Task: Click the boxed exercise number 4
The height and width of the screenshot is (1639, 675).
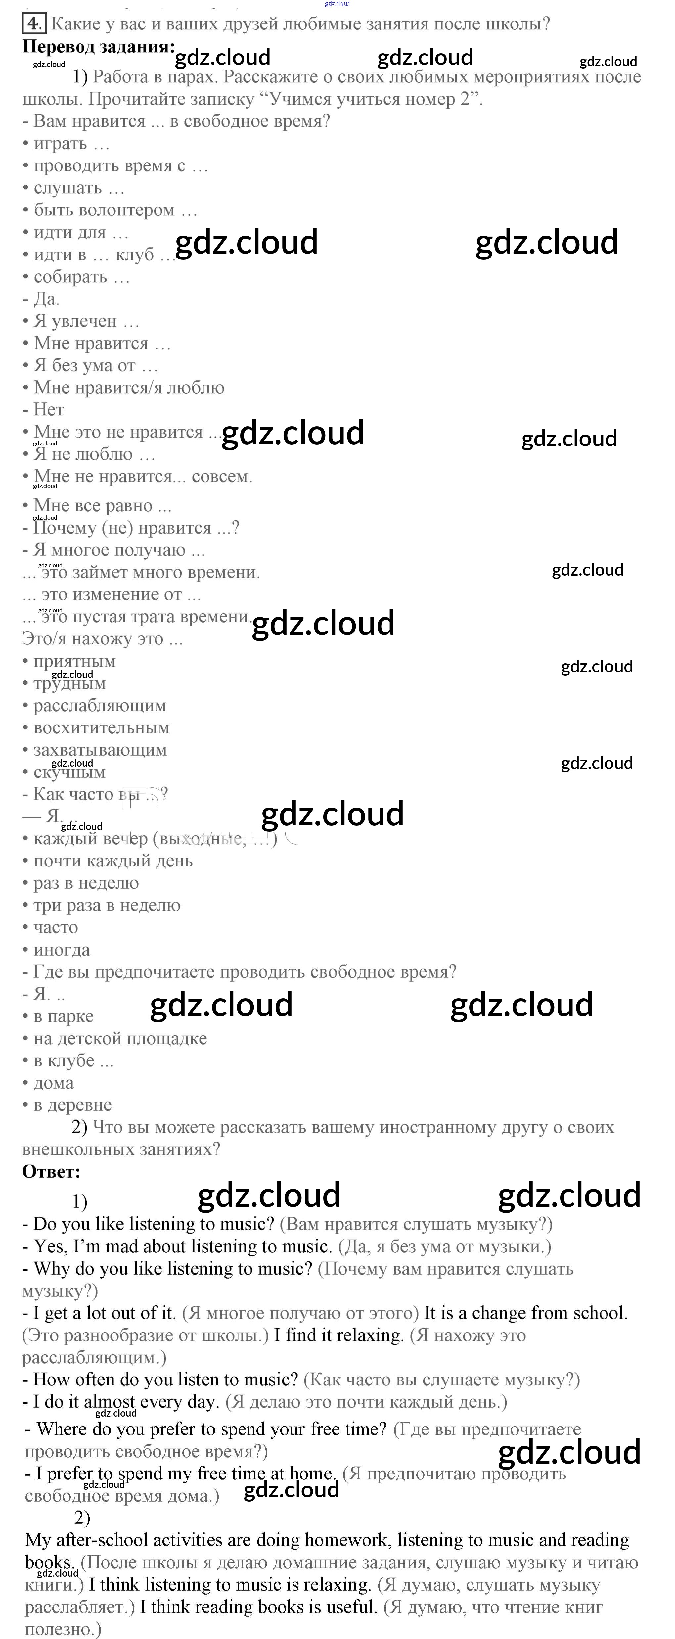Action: [34, 24]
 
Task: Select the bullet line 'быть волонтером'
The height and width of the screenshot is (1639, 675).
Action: [110, 210]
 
